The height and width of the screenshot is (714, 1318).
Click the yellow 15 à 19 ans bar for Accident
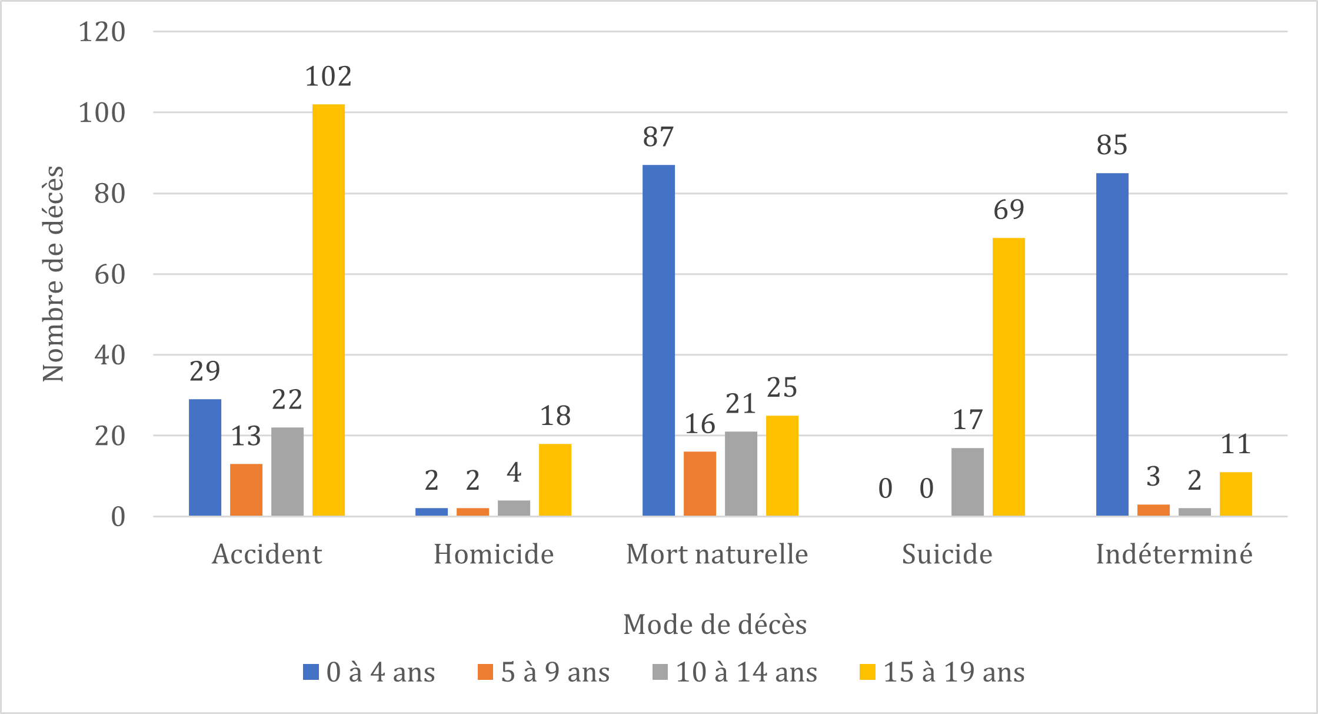[328, 310]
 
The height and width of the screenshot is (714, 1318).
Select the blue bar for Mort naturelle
[658, 340]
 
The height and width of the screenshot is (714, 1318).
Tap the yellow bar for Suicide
[1009, 377]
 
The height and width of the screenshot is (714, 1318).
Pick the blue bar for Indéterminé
[1112, 344]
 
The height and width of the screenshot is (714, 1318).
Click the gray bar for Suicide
[967, 481]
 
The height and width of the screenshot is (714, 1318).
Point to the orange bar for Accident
[246, 490]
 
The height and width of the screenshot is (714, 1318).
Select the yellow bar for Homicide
[555, 480]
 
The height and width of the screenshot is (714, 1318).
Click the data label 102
[328, 77]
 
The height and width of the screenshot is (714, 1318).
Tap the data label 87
[658, 137]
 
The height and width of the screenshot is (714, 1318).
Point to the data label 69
[1009, 210]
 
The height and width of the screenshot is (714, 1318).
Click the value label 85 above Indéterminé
[1111, 145]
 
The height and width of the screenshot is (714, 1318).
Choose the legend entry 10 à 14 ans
[735, 672]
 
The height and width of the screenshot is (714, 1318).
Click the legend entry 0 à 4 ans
[370, 672]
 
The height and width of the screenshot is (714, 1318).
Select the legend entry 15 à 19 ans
[943, 672]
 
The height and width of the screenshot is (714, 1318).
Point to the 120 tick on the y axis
[102, 32]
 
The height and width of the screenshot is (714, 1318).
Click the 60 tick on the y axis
[110, 274]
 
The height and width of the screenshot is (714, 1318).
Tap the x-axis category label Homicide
[494, 554]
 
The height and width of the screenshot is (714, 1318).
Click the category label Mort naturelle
[717, 554]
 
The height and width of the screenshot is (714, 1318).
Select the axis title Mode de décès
[715, 625]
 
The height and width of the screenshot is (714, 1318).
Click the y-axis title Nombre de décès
[53, 274]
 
